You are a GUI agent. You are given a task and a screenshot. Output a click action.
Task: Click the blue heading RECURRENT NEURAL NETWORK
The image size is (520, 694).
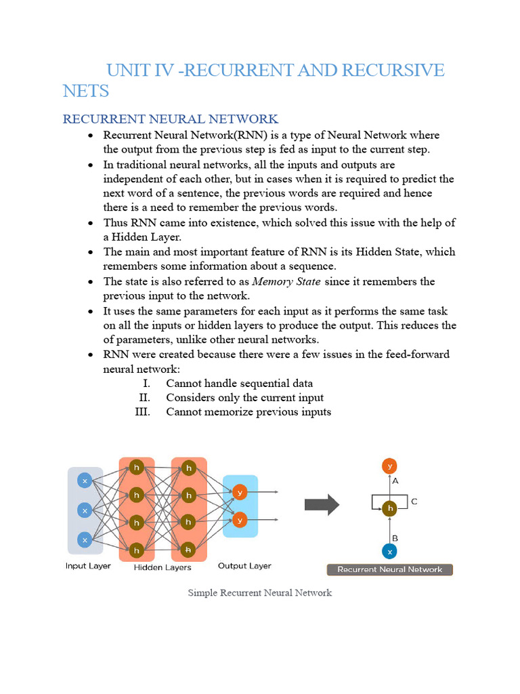click(170, 119)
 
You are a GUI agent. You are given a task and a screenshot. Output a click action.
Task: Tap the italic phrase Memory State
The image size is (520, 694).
click(286, 281)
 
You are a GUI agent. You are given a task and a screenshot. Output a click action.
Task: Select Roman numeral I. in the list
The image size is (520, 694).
click(146, 384)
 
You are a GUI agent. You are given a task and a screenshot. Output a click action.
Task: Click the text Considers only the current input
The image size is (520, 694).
click(244, 398)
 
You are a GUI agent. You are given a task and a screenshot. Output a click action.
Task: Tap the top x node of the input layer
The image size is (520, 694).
click(85, 481)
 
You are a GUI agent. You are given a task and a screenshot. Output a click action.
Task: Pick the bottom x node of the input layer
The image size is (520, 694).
click(85, 539)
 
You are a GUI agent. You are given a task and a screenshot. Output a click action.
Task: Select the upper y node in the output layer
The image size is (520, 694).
click(239, 492)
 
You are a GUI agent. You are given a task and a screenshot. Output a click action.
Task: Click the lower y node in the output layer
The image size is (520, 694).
click(239, 520)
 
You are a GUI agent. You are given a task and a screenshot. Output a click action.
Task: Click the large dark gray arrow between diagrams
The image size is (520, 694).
click(322, 505)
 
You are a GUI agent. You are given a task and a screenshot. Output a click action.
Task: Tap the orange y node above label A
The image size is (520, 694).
click(389, 466)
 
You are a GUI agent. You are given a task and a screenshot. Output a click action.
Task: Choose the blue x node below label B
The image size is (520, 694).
click(389, 552)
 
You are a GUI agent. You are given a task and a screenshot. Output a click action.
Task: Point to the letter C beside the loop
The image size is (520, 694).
click(414, 502)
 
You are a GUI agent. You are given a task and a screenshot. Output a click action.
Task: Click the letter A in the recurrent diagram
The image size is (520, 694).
click(395, 481)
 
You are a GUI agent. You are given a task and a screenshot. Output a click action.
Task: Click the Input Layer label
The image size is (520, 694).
click(88, 566)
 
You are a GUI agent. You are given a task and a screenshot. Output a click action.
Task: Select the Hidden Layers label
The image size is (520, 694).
click(162, 567)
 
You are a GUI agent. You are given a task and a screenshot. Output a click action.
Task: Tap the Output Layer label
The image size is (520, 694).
click(244, 565)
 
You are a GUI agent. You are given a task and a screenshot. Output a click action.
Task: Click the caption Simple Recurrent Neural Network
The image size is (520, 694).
click(260, 593)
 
